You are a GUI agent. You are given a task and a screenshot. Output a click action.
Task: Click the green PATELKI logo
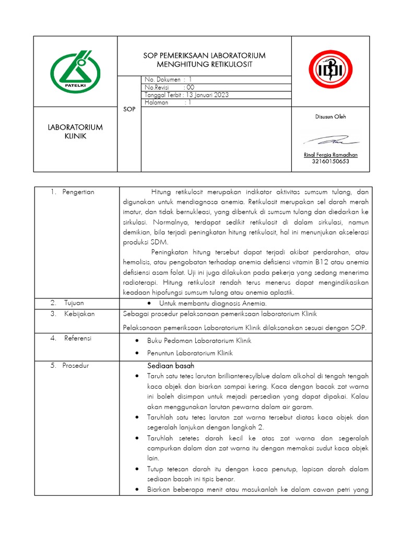76,72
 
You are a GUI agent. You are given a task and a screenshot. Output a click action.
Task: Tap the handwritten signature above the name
331,141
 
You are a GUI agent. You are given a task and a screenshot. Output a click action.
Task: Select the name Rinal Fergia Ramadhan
331,155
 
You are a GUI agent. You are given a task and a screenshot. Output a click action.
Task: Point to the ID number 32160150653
331,161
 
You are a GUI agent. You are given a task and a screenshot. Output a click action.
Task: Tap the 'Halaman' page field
157,103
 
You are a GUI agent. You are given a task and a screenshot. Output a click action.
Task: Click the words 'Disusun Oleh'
331,117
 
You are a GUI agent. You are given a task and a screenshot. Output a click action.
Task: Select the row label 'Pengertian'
78,192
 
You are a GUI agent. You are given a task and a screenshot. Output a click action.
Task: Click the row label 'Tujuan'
74,303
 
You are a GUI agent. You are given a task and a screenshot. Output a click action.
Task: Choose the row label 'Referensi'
78,338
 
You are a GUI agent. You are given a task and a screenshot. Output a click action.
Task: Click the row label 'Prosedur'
77,365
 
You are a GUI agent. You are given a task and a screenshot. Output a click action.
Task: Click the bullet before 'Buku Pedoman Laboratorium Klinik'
136,341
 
